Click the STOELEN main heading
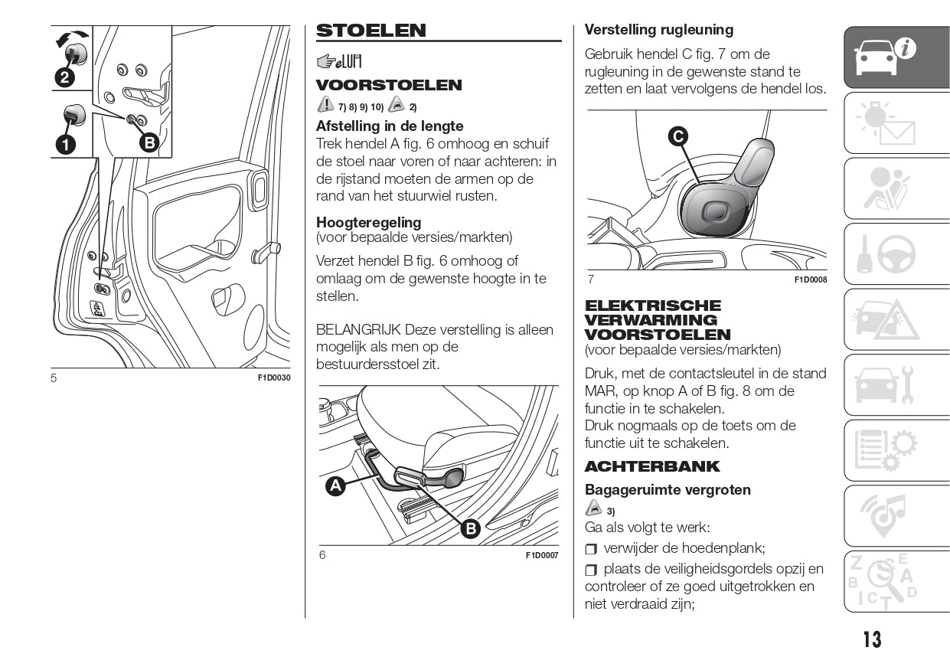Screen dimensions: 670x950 click(371, 31)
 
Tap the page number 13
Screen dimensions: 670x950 click(872, 639)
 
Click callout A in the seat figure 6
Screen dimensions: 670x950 click(335, 486)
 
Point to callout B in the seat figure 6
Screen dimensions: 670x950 click(469, 528)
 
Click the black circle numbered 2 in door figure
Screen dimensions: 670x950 click(64, 77)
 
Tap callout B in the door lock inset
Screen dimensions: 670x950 click(149, 142)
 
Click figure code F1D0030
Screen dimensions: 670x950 click(274, 378)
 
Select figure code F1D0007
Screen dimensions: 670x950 click(542, 555)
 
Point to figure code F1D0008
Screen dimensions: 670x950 click(811, 279)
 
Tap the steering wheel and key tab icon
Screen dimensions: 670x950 click(885, 254)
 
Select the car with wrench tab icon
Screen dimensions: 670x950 click(885, 385)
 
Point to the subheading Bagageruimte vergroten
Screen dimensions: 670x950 click(668, 490)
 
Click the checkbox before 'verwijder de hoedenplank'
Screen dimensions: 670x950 click(590, 549)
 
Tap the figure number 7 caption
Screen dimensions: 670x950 click(590, 279)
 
